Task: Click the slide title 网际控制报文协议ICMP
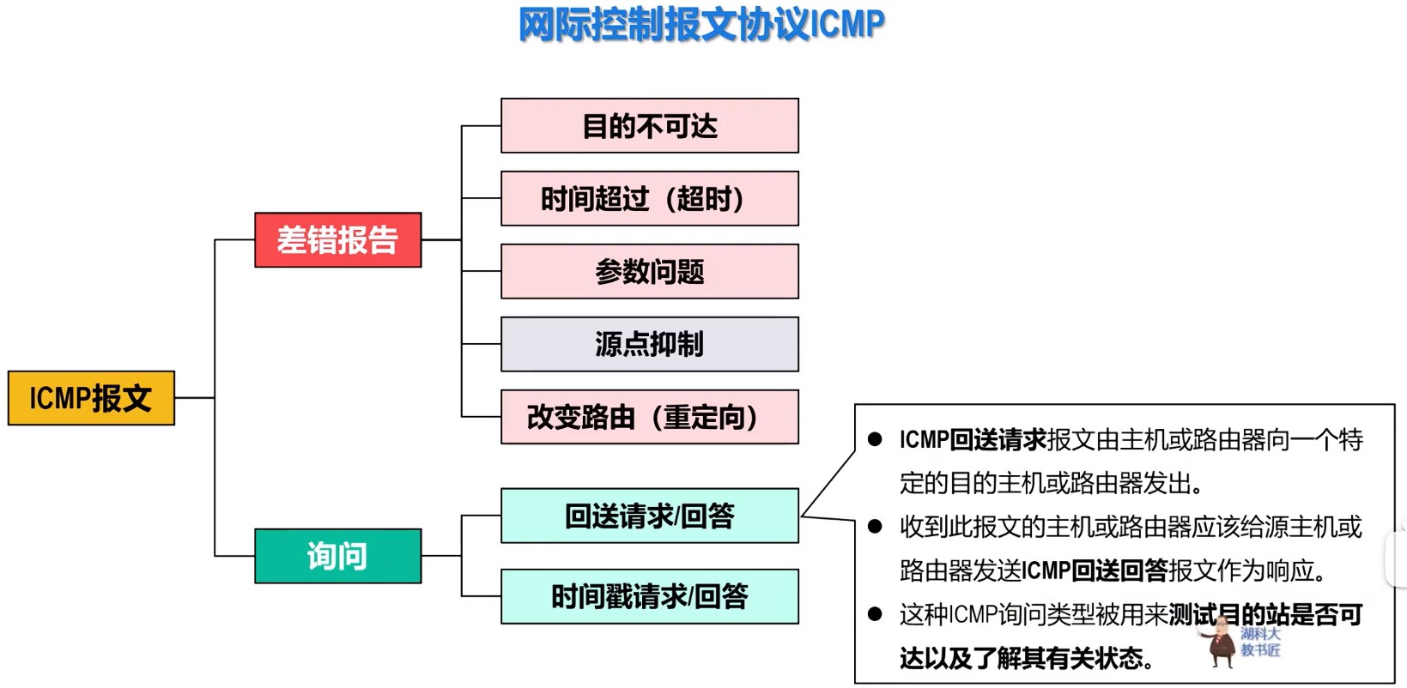pyautogui.click(x=701, y=24)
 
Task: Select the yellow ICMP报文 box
pyautogui.click(x=91, y=398)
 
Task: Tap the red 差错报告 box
pyautogui.click(x=337, y=240)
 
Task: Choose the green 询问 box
pyautogui.click(x=337, y=556)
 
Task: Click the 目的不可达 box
pyautogui.click(x=649, y=126)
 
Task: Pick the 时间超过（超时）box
pyautogui.click(x=649, y=199)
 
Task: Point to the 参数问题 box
pyautogui.click(x=649, y=272)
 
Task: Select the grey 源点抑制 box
pyautogui.click(x=649, y=344)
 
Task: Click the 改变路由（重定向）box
pyautogui.click(x=649, y=417)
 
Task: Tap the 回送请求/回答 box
pyautogui.click(x=649, y=516)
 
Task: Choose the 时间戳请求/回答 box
pyautogui.click(x=649, y=596)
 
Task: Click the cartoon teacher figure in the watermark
pyautogui.click(x=1218, y=643)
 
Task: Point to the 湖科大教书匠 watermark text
pyautogui.click(x=1260, y=642)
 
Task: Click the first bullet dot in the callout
pyautogui.click(x=875, y=440)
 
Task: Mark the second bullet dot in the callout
pyautogui.click(x=875, y=527)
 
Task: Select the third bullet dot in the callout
pyautogui.click(x=875, y=614)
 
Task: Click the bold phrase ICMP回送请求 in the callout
pyautogui.click(x=973, y=440)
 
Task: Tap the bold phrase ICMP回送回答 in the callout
pyautogui.click(x=1095, y=570)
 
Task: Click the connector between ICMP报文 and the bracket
pyautogui.click(x=195, y=398)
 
